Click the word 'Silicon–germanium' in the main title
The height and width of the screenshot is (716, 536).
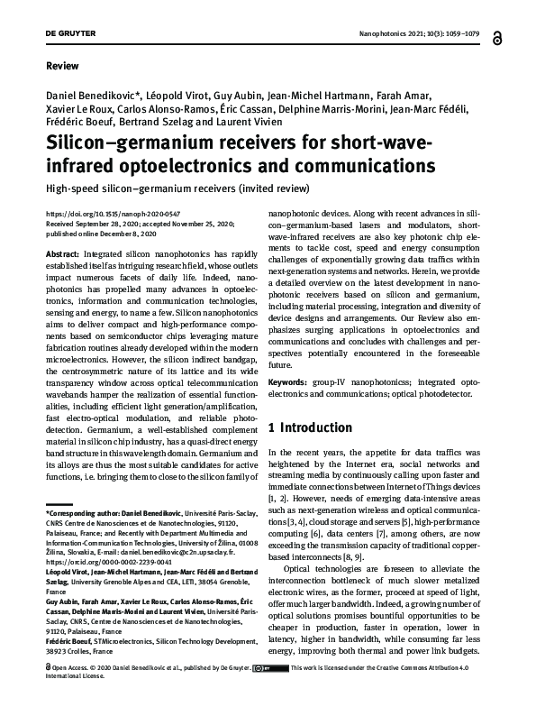(x=121, y=144)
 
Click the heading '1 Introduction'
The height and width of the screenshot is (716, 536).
(x=310, y=427)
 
